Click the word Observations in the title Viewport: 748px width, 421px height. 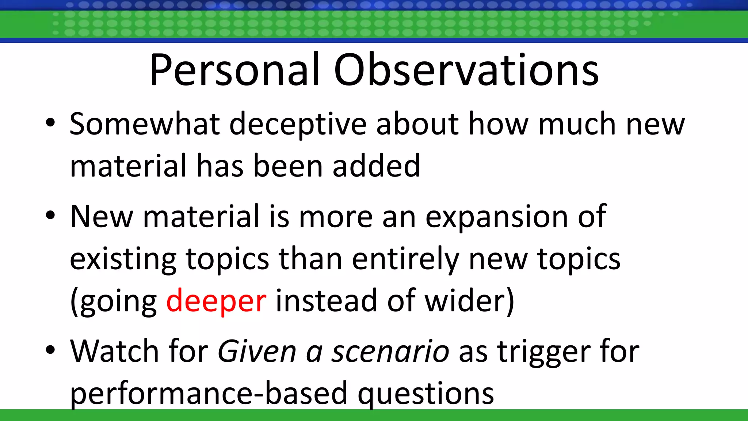[466, 70]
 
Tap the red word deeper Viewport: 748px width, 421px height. [216, 300]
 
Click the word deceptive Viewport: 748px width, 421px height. [298, 124]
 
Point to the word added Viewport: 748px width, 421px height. [376, 166]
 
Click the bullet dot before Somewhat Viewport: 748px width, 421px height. [50, 122]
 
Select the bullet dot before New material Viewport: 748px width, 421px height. [50, 215]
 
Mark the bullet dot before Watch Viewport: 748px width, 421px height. [50, 350]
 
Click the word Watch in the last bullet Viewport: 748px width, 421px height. [114, 351]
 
